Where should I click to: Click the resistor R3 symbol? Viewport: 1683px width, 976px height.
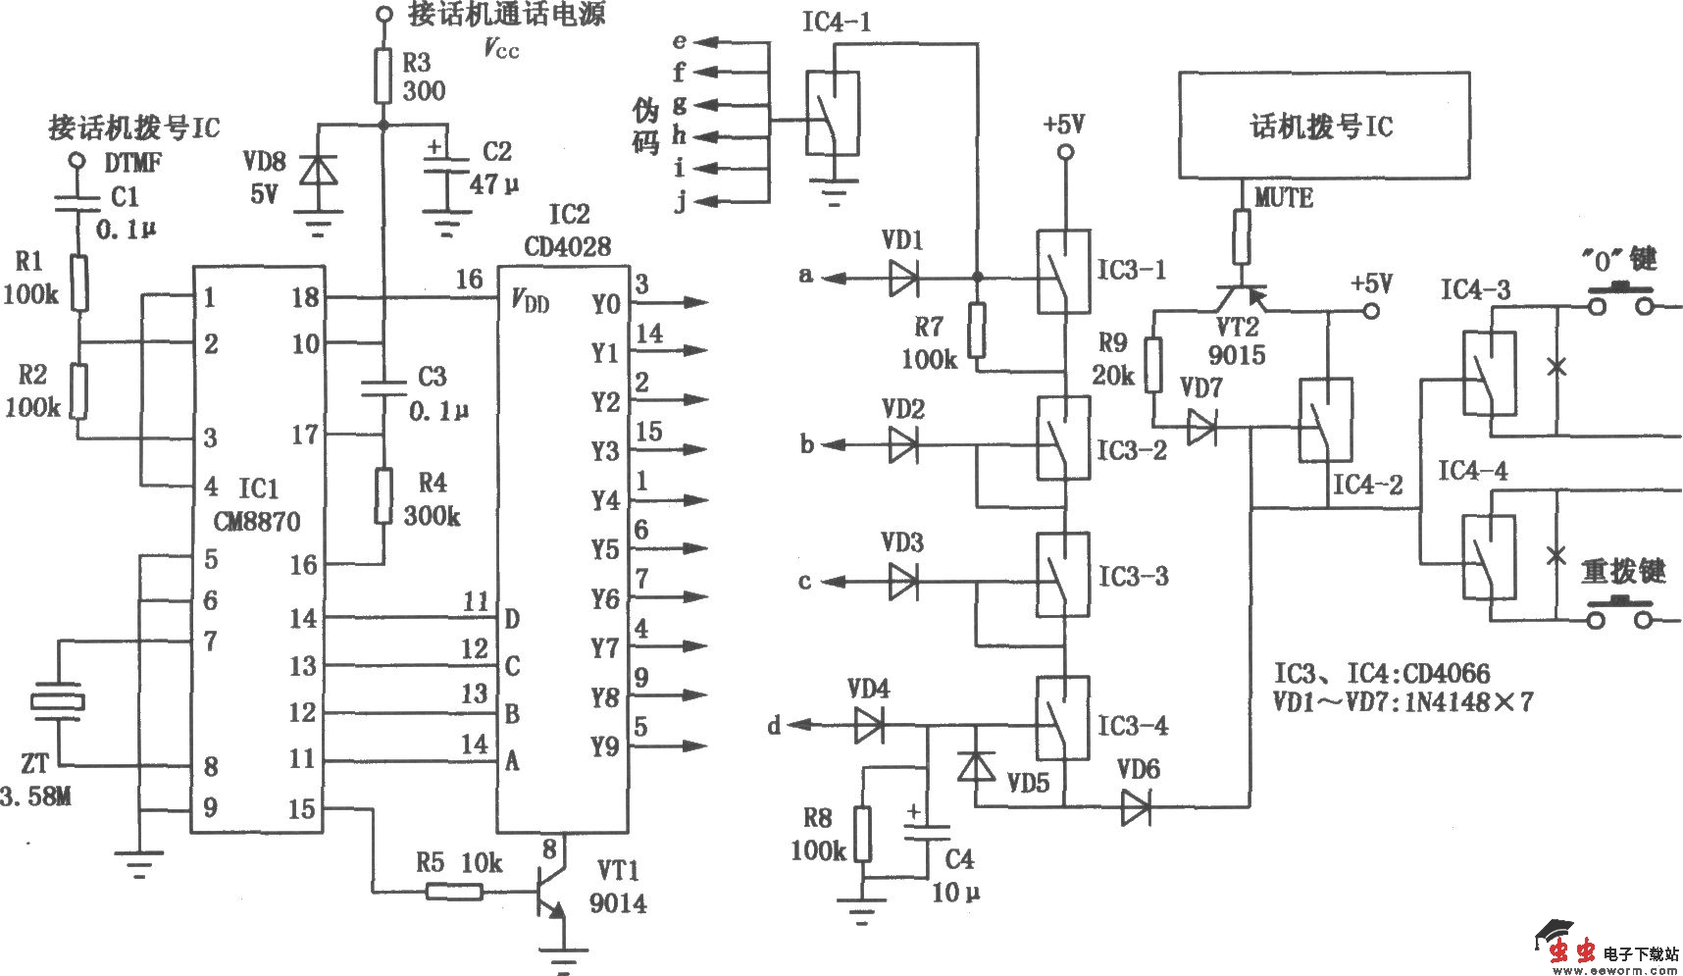tap(383, 77)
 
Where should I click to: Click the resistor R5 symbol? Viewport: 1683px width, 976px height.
tap(453, 891)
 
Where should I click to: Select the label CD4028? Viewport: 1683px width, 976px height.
tap(567, 246)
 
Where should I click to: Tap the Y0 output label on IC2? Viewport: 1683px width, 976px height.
tap(606, 303)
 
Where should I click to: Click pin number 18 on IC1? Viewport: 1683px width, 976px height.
tap(306, 297)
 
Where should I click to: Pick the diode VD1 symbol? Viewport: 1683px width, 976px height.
tap(903, 278)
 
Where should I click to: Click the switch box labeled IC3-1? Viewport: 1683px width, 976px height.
tap(1064, 272)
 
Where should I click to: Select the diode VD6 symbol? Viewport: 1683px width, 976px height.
tap(1136, 806)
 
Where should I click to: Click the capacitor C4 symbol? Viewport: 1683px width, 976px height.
tap(926, 835)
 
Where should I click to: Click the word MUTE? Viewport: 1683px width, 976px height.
tap(1284, 197)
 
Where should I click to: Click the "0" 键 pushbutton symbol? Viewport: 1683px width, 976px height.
tap(1621, 303)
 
